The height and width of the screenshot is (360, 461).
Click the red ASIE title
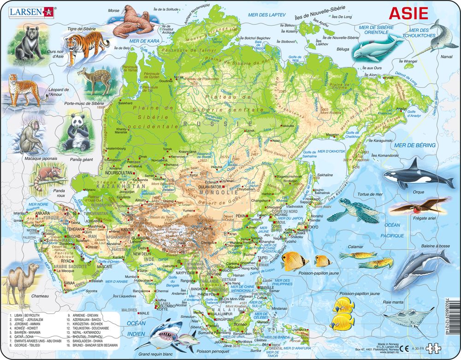point(408,13)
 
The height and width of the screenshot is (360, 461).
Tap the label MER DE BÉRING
point(415,145)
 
